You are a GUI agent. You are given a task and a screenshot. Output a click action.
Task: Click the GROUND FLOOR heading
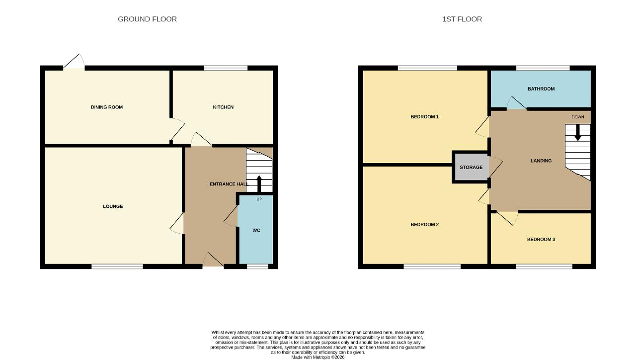point(147,19)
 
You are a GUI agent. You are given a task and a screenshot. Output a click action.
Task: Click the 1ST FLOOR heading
point(462,19)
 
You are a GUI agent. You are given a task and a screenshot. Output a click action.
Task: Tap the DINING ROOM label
point(107,107)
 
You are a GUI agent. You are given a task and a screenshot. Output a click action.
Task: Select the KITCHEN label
point(223,107)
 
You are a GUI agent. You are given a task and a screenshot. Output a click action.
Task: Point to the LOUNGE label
point(113,206)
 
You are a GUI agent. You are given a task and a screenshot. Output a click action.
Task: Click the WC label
point(256,230)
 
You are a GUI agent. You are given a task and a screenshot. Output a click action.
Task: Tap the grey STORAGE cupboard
point(471,167)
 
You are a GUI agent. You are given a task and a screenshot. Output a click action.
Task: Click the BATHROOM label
point(541,89)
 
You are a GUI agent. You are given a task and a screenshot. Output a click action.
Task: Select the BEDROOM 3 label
point(541,239)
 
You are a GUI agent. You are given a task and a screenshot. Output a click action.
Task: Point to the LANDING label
point(541,161)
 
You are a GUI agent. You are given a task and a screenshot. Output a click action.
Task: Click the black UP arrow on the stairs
point(259,184)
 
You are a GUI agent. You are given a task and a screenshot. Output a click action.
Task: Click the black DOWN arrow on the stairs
point(577,133)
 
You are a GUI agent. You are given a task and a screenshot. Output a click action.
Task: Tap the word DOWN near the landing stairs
point(578,117)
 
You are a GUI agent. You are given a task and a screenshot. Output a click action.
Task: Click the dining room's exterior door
point(74,62)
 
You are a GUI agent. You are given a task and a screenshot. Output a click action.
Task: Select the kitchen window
point(226,68)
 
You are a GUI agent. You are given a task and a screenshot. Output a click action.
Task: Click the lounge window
point(117,266)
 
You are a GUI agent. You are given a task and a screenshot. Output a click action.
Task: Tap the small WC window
point(257,266)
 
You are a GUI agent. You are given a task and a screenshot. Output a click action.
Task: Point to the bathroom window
point(543,68)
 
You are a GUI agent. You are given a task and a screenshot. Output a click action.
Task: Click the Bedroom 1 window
point(427,68)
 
